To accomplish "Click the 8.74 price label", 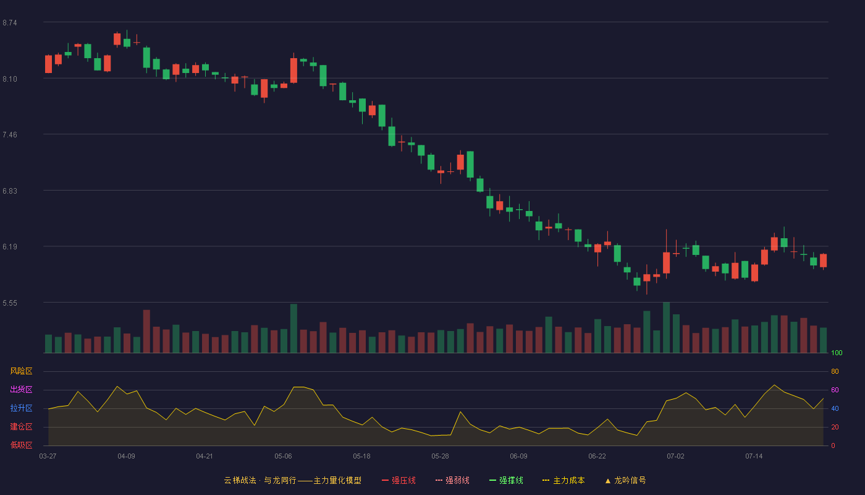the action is pyautogui.click(x=10, y=23).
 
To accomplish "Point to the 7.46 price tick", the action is pyautogui.click(x=10, y=135).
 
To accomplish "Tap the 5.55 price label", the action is pyautogui.click(x=10, y=303).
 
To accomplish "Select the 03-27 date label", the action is pyautogui.click(x=48, y=457).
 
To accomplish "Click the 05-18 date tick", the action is pyautogui.click(x=361, y=457).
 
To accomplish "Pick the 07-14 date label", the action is pyautogui.click(x=754, y=457).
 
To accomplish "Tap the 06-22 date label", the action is pyautogui.click(x=597, y=457).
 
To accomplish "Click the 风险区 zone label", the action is pyautogui.click(x=21, y=371).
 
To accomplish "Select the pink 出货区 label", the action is pyautogui.click(x=21, y=389).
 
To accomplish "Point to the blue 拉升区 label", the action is pyautogui.click(x=21, y=408).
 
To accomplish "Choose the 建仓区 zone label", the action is pyautogui.click(x=21, y=426).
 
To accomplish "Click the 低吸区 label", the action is pyautogui.click(x=21, y=445).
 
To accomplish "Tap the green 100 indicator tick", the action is pyautogui.click(x=837, y=353).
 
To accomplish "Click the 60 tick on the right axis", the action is pyautogui.click(x=835, y=390).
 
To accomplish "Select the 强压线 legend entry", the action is pyautogui.click(x=399, y=480).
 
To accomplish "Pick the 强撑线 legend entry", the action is pyautogui.click(x=506, y=480).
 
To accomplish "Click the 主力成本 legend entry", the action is pyautogui.click(x=563, y=480).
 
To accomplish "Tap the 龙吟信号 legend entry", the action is pyautogui.click(x=625, y=480).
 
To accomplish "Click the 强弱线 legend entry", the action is pyautogui.click(x=452, y=480).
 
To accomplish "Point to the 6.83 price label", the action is pyautogui.click(x=10, y=191).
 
